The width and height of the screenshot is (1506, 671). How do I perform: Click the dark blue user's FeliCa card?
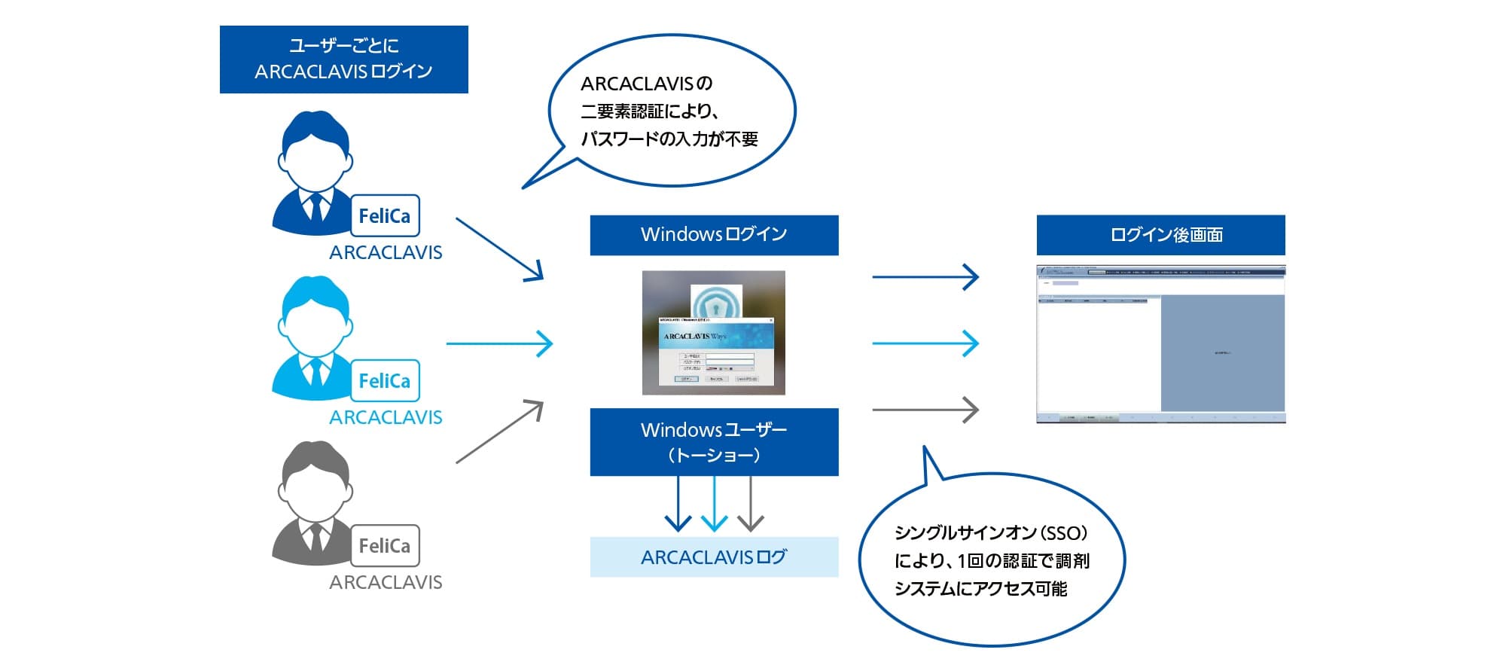[x=385, y=216]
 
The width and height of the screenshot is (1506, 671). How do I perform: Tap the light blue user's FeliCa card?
[x=385, y=381]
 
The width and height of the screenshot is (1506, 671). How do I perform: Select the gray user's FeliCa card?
[x=385, y=546]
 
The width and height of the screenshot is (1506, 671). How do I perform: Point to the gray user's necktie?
[x=316, y=537]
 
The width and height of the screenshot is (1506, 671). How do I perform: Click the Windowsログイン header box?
[x=714, y=235]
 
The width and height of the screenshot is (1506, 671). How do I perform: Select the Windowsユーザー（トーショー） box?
[x=714, y=442]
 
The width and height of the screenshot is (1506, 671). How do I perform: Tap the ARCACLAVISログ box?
[x=714, y=557]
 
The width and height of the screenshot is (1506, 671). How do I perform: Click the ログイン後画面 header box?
[x=1160, y=235]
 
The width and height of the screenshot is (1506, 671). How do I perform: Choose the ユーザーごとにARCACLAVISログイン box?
[x=343, y=59]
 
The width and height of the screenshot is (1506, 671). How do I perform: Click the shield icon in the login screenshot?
[x=716, y=303]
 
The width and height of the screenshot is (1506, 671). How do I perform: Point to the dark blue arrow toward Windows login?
[x=499, y=249]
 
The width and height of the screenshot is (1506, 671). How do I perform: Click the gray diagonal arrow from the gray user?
[x=499, y=432]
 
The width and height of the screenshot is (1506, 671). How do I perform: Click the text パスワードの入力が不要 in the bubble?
[x=669, y=139]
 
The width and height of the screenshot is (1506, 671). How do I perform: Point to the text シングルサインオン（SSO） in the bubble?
[x=991, y=533]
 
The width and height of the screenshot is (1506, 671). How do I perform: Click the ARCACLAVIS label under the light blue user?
[x=386, y=417]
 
